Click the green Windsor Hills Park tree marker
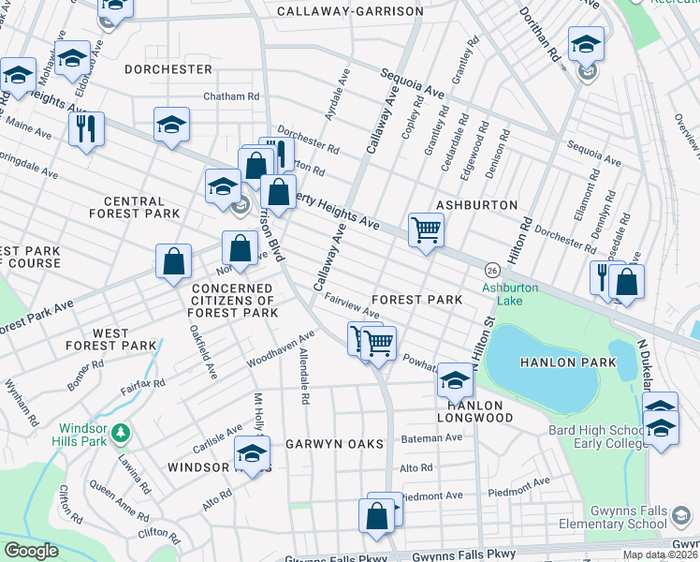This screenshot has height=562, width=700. click(x=120, y=433)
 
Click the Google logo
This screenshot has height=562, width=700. click(x=31, y=551)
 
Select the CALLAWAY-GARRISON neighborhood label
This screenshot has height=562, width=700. click(x=350, y=12)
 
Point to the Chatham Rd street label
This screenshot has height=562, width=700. click(x=231, y=96)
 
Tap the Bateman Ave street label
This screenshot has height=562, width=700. click(x=431, y=437)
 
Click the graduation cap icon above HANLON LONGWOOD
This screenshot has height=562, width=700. click(x=455, y=378)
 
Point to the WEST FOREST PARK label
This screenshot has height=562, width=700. click(x=124, y=339)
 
